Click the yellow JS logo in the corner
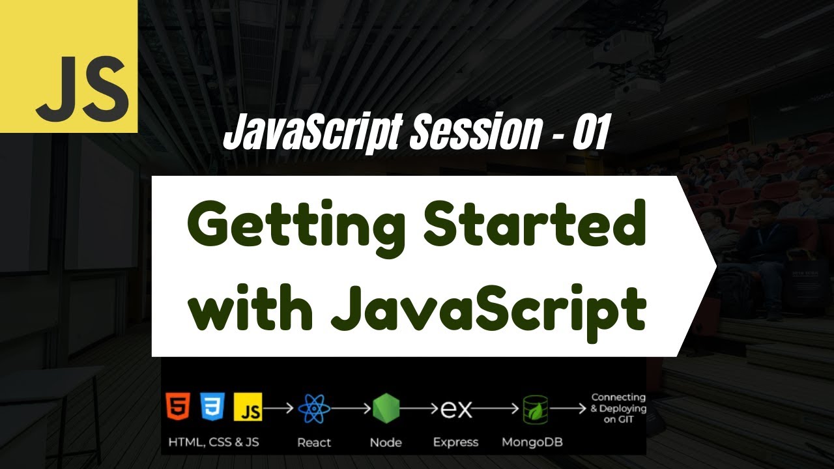(x=68, y=66)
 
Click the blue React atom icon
(x=314, y=409)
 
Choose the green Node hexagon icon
(x=386, y=409)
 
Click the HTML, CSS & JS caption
(x=214, y=442)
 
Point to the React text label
(x=314, y=443)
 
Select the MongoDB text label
(x=532, y=443)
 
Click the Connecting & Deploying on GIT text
(x=618, y=408)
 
